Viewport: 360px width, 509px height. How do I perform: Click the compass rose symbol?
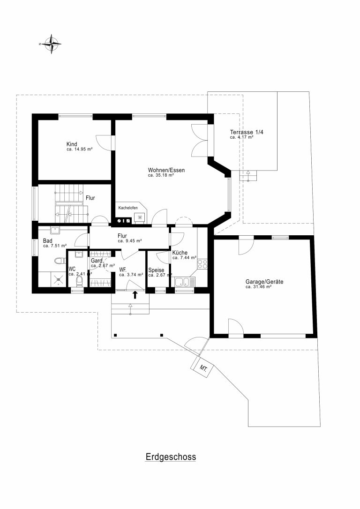pos(51,44)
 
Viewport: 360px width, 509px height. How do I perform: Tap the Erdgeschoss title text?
pos(171,457)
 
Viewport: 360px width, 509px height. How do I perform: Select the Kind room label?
pos(72,144)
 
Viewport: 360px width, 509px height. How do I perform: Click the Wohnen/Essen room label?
pos(166,170)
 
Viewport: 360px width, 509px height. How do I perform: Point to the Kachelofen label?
pos(128,208)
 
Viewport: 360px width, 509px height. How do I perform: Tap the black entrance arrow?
pos(135,295)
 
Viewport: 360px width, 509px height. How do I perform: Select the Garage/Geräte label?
pos(264,282)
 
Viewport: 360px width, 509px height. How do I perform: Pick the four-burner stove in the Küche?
pos(202,264)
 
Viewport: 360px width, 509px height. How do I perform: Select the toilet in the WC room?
pos(79,281)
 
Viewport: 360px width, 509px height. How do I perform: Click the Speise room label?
pos(156,270)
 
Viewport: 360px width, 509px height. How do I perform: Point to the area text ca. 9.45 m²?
pos(129,241)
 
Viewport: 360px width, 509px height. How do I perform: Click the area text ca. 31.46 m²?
pos(258,287)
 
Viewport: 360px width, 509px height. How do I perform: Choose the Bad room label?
pos(47,241)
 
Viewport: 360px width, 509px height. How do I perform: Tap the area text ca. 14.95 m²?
pos(80,150)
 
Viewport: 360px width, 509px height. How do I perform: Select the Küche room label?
pos(180,253)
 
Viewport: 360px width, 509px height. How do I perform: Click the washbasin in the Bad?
pos(54,231)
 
